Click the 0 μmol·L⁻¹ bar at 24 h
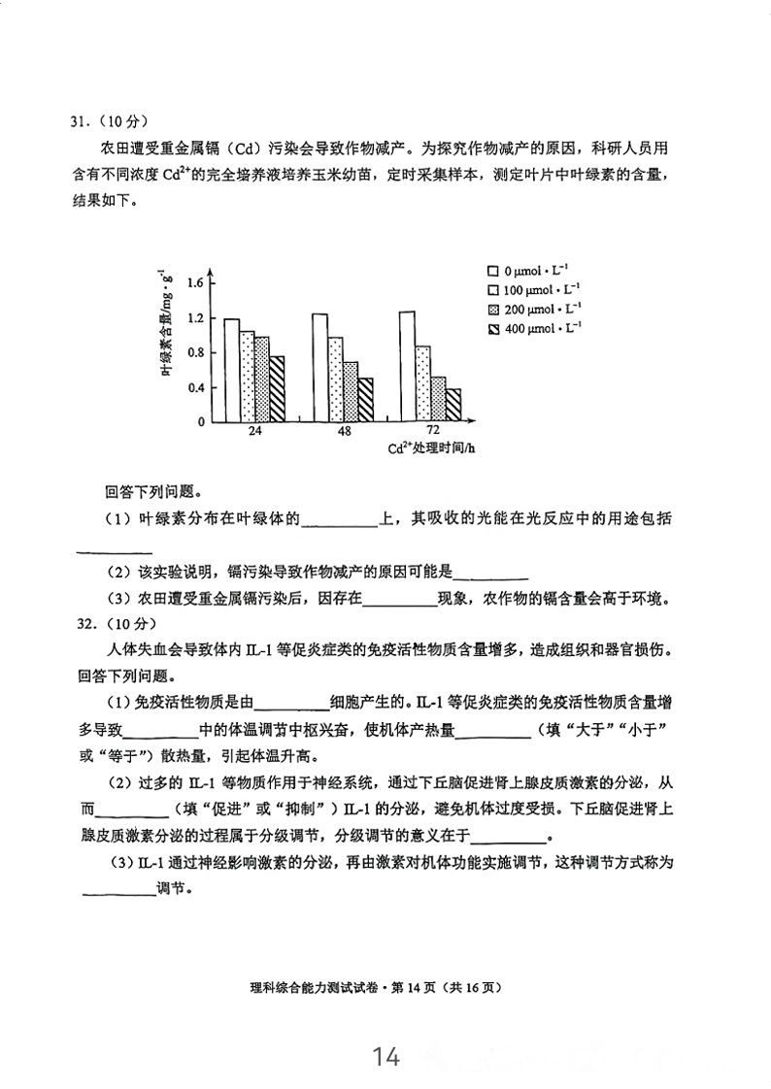pyautogui.click(x=231, y=370)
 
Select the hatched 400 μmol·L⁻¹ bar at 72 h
pyautogui.click(x=453, y=405)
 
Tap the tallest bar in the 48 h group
pyautogui.click(x=318, y=367)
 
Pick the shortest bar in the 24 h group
pyautogui.click(x=277, y=388)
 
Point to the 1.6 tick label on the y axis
pyautogui.click(x=194, y=282)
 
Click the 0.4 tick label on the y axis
pyautogui.click(x=194, y=387)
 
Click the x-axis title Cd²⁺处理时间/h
pyautogui.click(x=431, y=448)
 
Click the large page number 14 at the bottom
pyautogui.click(x=385, y=1056)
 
